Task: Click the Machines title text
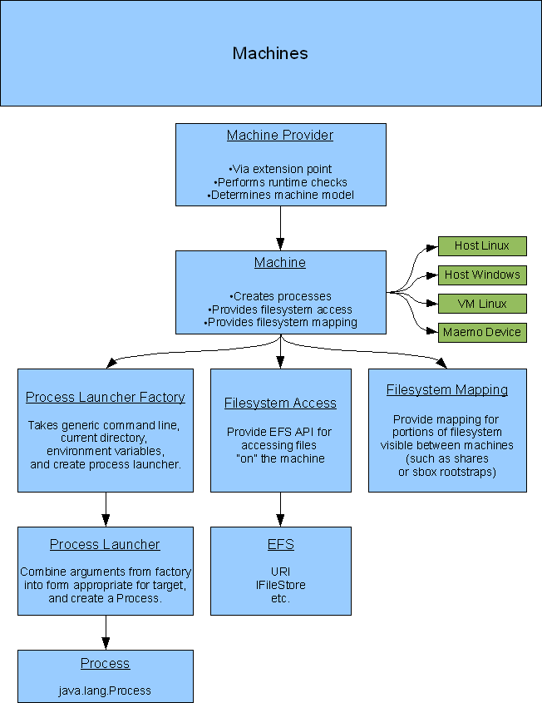coord(270,53)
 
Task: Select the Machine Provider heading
coord(280,135)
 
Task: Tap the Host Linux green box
coord(482,245)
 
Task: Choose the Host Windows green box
coord(482,275)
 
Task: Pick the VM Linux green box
coord(482,304)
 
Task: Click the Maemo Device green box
coord(482,332)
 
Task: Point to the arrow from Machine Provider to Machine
coord(280,228)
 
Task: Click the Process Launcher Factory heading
coord(106,397)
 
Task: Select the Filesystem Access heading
coord(280,403)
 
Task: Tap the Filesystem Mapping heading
coord(447,389)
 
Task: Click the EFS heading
coord(280,544)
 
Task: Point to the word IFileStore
coord(280,585)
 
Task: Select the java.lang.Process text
coord(105,691)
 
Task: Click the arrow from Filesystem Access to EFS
coord(280,509)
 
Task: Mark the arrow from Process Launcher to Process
coord(106,632)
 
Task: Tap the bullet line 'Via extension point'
coord(280,169)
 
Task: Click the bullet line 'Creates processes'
coord(280,296)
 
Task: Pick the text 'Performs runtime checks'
coord(280,182)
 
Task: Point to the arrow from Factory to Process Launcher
coord(106,509)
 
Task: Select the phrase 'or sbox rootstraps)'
coord(447,472)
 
